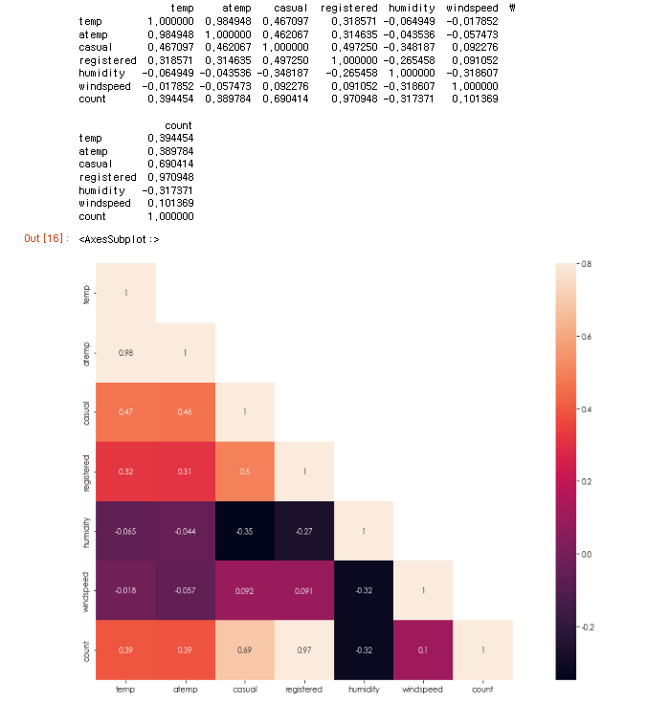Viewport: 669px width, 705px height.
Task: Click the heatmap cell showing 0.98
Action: click(126, 353)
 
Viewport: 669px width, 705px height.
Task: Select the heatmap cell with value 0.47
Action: click(126, 412)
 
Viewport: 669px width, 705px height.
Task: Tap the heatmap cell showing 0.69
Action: click(245, 650)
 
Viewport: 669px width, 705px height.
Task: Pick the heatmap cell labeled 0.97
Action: click(304, 650)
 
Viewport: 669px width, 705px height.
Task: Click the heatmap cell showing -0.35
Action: click(245, 531)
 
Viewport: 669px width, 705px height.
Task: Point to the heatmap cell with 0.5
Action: click(245, 472)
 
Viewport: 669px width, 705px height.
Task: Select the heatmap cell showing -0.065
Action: click(126, 531)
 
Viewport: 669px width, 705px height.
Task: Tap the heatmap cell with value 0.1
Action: click(423, 650)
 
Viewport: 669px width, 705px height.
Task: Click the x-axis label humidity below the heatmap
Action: click(364, 690)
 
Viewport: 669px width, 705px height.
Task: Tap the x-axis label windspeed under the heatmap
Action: click(423, 690)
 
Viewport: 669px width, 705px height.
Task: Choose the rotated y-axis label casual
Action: click(87, 412)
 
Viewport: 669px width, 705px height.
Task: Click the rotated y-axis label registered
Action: click(87, 472)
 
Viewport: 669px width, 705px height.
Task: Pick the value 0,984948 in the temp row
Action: click(227, 21)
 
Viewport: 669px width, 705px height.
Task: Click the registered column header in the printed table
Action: click(349, 8)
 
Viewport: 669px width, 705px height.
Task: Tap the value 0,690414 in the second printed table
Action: click(169, 164)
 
